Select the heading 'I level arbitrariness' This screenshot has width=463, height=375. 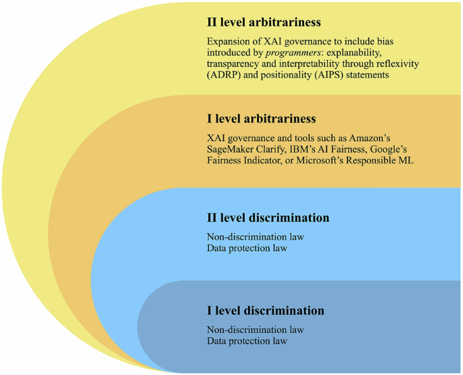tap(262, 119)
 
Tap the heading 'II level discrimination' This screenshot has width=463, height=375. tap(268, 218)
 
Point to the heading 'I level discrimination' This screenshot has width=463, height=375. tap(266, 311)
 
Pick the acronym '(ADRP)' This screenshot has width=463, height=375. tap(224, 76)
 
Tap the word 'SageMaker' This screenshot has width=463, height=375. tap(232, 149)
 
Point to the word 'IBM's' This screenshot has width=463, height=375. tap(305, 149)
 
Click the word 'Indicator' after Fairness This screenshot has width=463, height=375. tap(264, 161)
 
